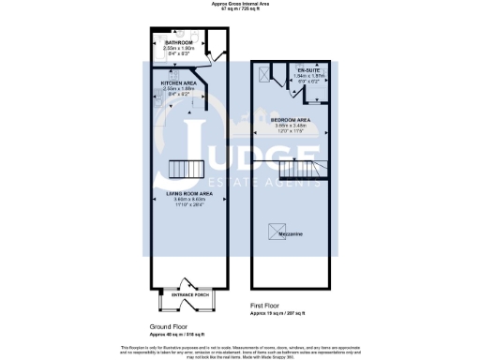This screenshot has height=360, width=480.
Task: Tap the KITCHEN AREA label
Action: [x=178, y=82]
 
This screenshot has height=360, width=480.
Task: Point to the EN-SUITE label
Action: [x=308, y=70]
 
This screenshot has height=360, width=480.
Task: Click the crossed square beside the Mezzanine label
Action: [x=277, y=227]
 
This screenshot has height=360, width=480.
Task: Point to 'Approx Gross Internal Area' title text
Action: [x=239, y=4]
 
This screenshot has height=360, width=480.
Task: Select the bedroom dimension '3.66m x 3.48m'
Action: [x=292, y=126]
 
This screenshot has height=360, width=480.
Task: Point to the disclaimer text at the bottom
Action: [x=240, y=350]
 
